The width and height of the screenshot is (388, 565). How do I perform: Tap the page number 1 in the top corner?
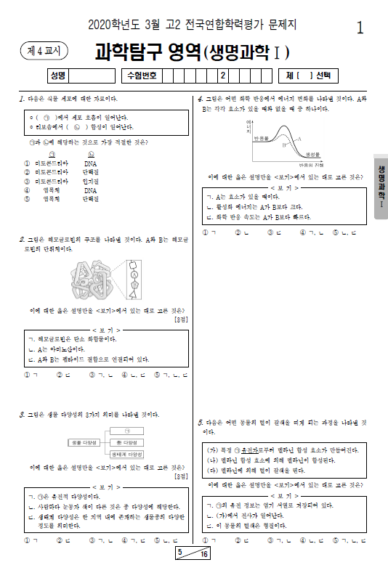pos(360,28)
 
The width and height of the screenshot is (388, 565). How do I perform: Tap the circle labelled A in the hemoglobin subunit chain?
pos(134,275)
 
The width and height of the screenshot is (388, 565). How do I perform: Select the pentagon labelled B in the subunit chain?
pos(134,285)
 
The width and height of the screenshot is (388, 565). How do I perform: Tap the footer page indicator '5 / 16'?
pos(193,554)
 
